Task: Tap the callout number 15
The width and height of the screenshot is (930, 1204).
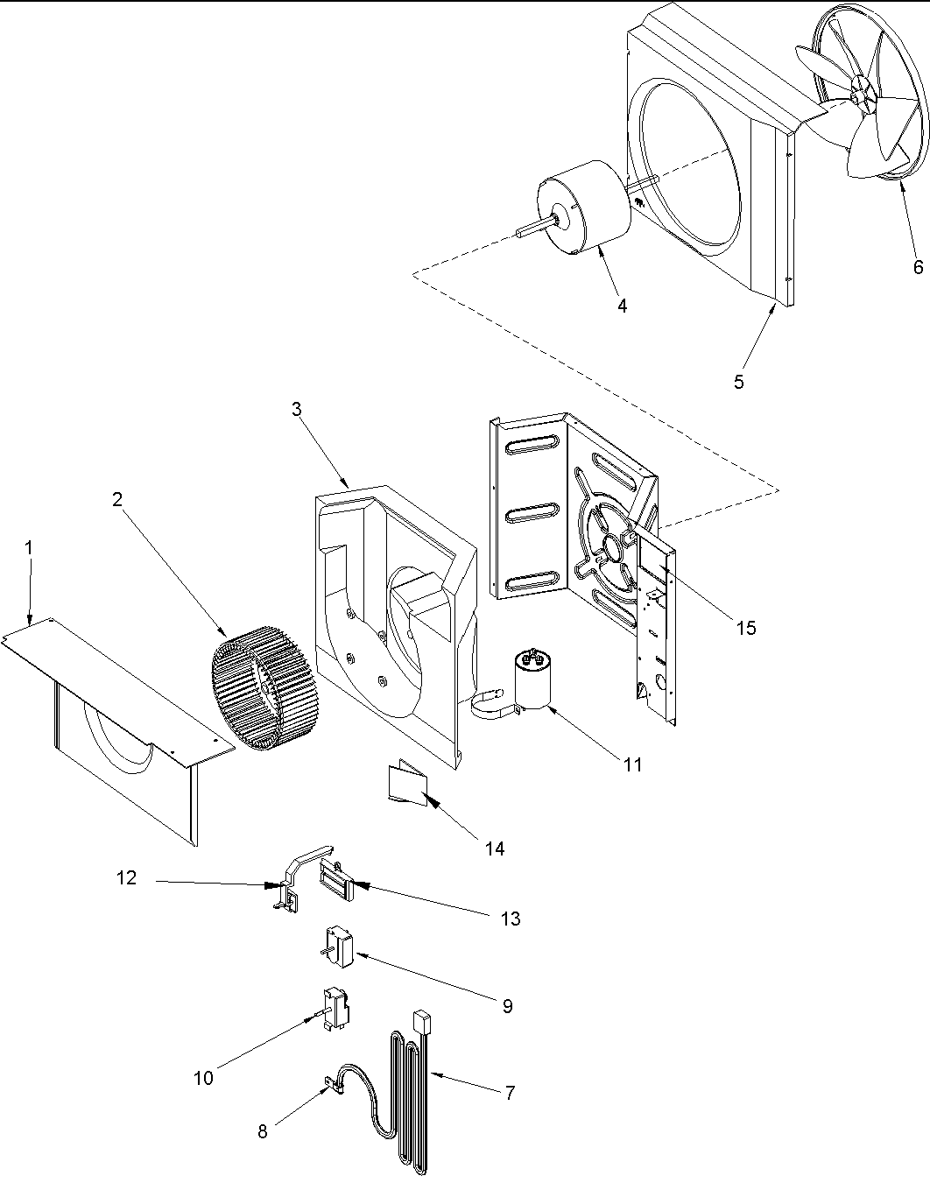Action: pyautogui.click(x=745, y=628)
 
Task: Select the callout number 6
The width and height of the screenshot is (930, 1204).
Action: pyautogui.click(x=918, y=267)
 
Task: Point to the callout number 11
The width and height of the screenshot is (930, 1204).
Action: pyautogui.click(x=632, y=764)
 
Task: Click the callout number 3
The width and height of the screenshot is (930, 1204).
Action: pyautogui.click(x=297, y=409)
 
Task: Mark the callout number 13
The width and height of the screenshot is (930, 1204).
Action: pyautogui.click(x=511, y=919)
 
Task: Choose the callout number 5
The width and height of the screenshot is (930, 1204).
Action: pyautogui.click(x=739, y=381)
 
